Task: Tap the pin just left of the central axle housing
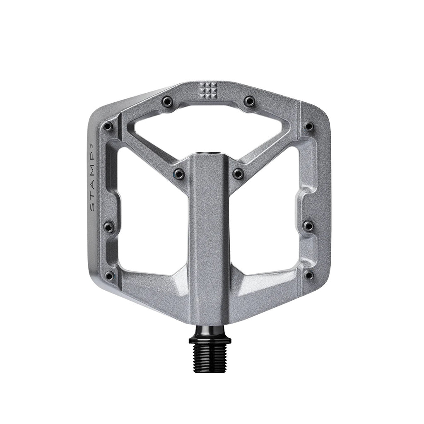179,173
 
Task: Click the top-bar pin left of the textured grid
167,101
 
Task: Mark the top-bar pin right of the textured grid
249,101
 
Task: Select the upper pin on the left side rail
108,126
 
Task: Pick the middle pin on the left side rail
108,226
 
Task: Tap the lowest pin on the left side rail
109,275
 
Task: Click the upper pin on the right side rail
308,126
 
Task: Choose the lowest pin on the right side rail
308,275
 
